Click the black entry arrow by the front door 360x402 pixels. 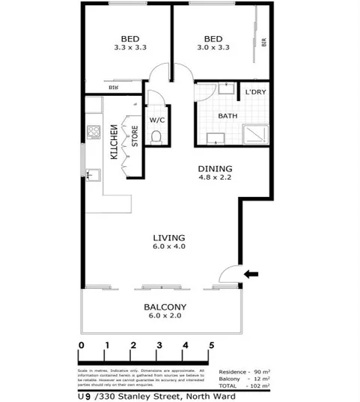[252, 274]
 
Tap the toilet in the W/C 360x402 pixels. [156, 137]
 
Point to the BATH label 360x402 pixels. [228, 116]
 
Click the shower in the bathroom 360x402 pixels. [256, 133]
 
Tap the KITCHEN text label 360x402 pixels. [113, 143]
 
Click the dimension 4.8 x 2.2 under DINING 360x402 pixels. [215, 179]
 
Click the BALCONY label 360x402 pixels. [165, 307]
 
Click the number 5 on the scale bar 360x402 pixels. [212, 345]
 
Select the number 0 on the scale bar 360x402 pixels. [81, 345]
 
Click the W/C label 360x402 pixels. [156, 120]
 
